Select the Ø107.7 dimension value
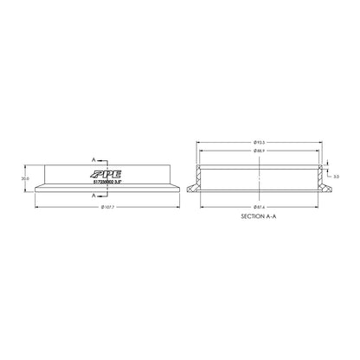tap(109, 208)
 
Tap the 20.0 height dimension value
tap(25, 178)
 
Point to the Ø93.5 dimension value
tap(261, 141)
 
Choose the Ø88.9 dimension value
tap(261, 151)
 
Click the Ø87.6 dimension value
tap(261, 208)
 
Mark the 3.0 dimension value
tap(337, 176)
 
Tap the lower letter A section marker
tap(94, 196)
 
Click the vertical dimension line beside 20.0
tap(32, 178)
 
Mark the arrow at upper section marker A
tap(106, 160)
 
